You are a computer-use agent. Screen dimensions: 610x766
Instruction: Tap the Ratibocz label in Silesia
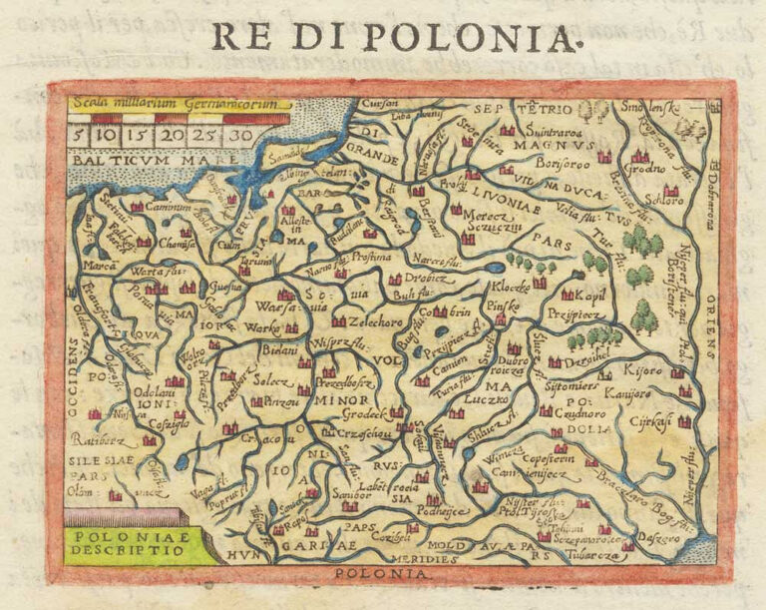[98, 438]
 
